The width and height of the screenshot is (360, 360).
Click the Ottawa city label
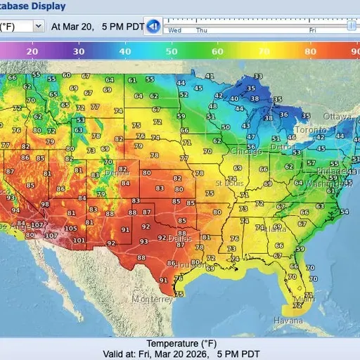[x=336, y=115]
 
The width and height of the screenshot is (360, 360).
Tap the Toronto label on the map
[x=307, y=130]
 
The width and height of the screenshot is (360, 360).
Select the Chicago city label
[x=245, y=151]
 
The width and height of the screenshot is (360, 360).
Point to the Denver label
[x=117, y=172]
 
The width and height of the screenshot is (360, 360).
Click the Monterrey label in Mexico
[x=152, y=299]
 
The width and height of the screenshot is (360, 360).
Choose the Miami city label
[x=304, y=299]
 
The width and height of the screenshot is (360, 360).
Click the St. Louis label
[x=229, y=183]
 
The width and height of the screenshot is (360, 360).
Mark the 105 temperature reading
[x=71, y=229]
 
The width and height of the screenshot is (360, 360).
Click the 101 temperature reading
[x=79, y=240]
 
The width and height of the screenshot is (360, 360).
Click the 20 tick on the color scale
[x=32, y=51]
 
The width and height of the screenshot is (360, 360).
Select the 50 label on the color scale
[x=171, y=51]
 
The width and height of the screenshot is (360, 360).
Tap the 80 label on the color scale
[x=310, y=51]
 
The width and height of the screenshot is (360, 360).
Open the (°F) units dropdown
[x=21, y=25]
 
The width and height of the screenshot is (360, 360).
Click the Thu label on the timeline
[x=202, y=31]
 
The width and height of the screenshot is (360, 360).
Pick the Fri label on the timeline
[x=312, y=31]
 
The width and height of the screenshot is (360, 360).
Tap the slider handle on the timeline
[x=350, y=25]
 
